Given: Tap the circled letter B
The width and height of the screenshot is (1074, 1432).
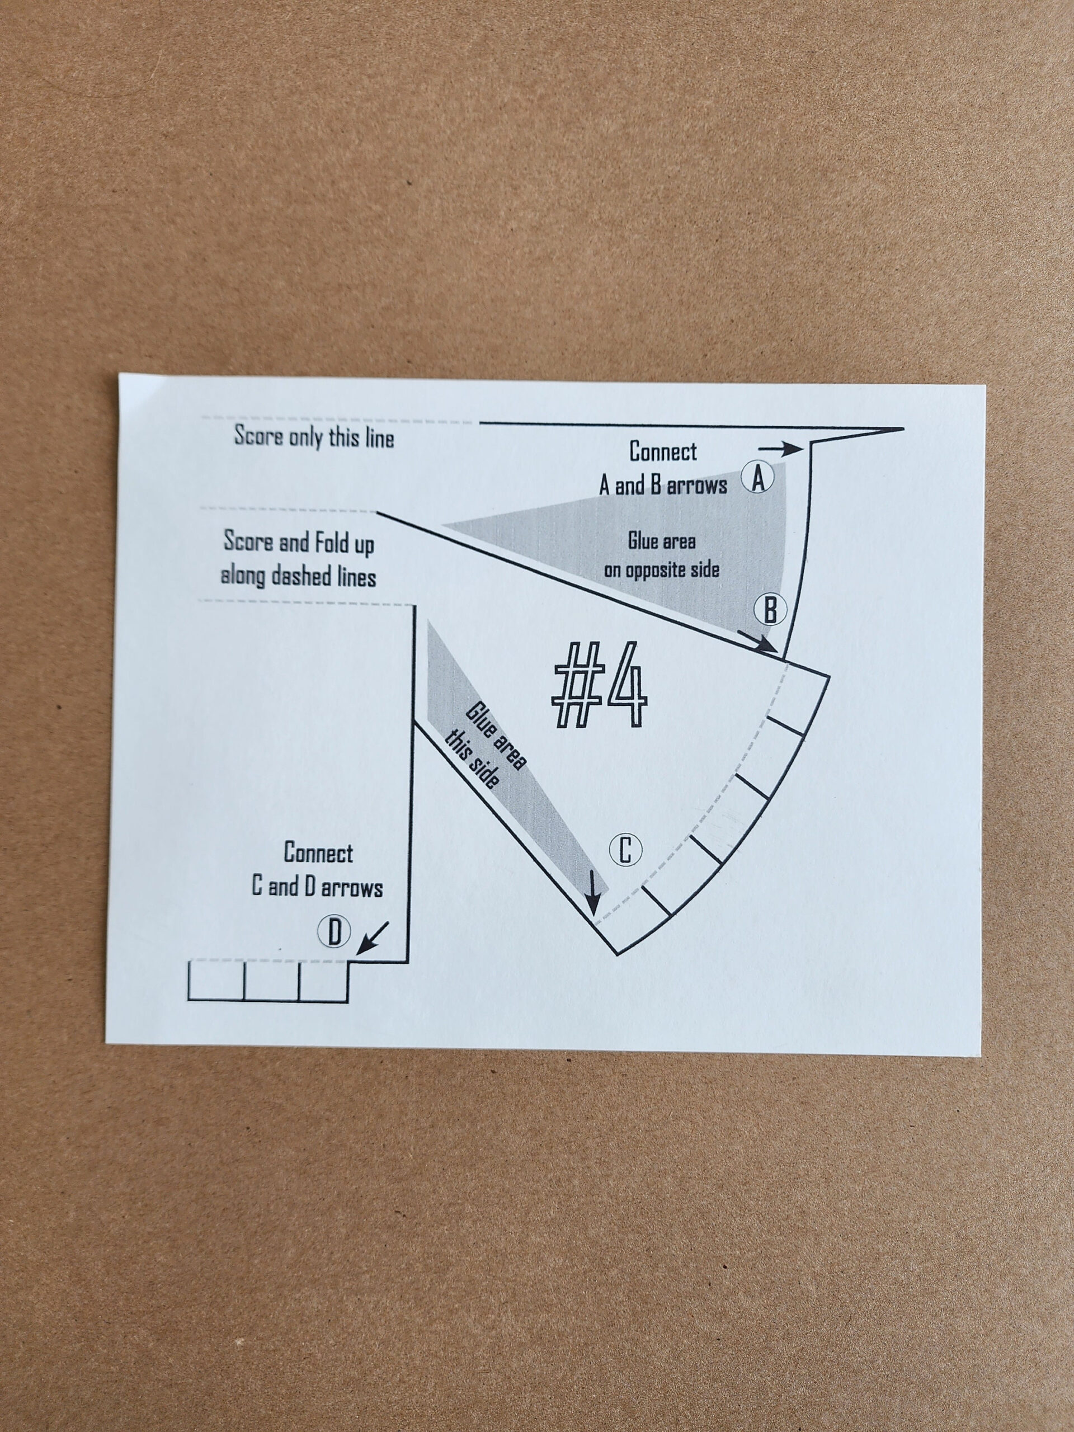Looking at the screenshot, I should pyautogui.click(x=770, y=609).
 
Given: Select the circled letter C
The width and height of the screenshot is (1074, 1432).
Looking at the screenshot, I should pyautogui.click(x=625, y=850).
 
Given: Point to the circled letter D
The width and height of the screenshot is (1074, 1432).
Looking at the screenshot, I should pyautogui.click(x=334, y=933).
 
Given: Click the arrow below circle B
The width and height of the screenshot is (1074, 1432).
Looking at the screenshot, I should pyautogui.click(x=758, y=642).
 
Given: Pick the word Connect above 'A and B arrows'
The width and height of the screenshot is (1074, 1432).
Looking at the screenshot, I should pyautogui.click(x=663, y=452).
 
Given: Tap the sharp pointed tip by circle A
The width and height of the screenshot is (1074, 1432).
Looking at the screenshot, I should pyautogui.click(x=902, y=428).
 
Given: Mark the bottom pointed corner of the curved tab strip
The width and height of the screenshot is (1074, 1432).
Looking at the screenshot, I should pyautogui.click(x=616, y=954).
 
